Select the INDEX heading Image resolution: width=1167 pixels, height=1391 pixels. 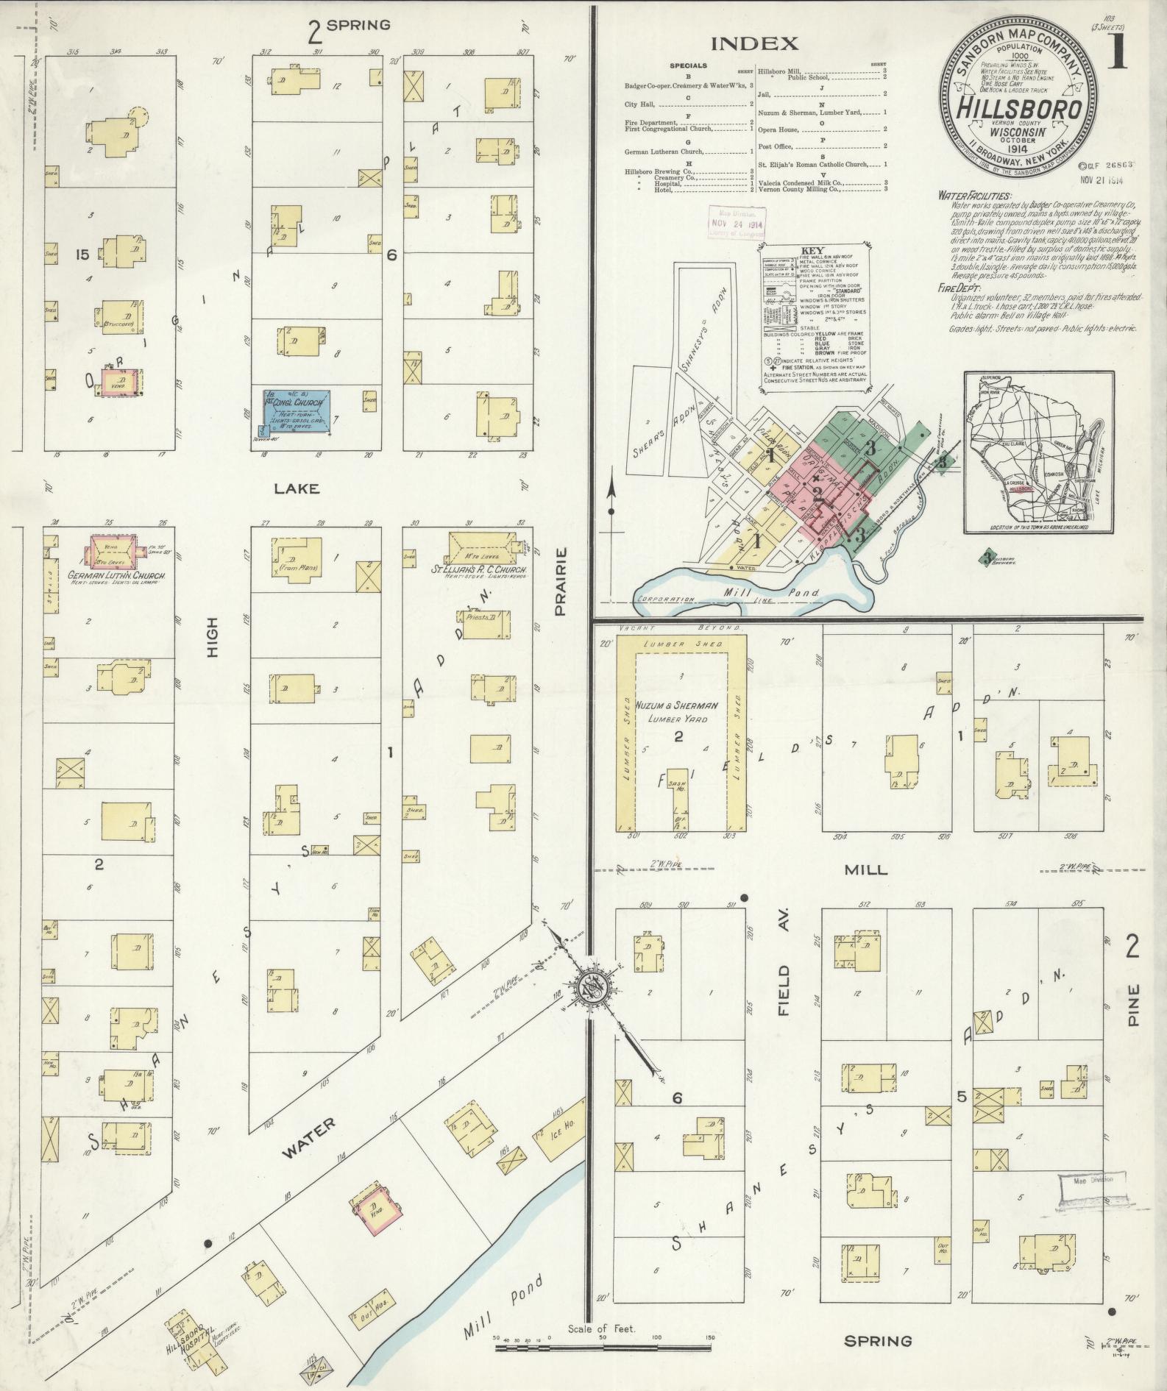pyautogui.click(x=753, y=43)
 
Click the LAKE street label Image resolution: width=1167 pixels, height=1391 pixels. pyautogui.click(x=297, y=488)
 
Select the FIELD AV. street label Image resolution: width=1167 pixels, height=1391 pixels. pyautogui.click(x=783, y=992)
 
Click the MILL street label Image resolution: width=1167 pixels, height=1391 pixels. pyautogui.click(x=865, y=869)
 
